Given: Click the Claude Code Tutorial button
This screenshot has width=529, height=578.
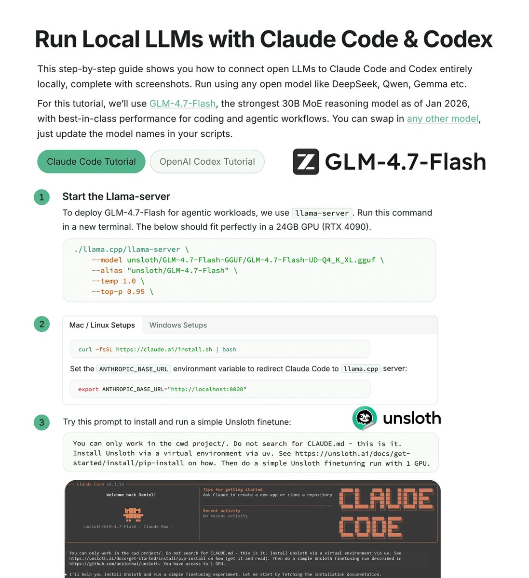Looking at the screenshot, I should (91, 162).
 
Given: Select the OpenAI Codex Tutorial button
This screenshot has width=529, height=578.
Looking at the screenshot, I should (207, 162).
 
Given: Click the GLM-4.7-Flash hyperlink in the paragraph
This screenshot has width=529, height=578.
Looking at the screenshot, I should (182, 104).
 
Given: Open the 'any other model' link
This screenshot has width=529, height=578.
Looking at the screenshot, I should (443, 118).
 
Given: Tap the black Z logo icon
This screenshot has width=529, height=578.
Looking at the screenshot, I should (306, 161).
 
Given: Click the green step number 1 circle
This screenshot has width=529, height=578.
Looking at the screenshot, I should (42, 197).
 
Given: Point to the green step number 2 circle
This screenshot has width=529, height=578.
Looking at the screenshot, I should (42, 324).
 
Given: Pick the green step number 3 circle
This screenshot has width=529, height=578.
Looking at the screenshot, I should (42, 422).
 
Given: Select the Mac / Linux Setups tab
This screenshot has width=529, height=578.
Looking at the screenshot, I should (102, 325).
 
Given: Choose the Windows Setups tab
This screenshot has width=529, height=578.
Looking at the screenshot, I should (178, 325).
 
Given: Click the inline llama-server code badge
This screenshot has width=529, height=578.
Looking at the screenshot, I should (322, 213).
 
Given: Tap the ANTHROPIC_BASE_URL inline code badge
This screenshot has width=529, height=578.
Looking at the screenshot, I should (134, 369).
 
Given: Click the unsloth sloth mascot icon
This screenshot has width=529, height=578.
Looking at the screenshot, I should (365, 418).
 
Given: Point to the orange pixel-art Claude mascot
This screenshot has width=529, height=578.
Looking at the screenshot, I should (133, 514).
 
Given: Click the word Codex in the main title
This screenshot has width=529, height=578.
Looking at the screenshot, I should (458, 39).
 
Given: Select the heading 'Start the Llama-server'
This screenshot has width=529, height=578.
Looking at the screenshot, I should (116, 197).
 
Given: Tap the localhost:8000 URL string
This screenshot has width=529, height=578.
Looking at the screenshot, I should (207, 389).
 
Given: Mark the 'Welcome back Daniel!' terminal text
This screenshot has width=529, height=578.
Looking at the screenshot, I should (131, 495).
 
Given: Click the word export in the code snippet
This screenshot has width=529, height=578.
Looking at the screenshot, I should (88, 389).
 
